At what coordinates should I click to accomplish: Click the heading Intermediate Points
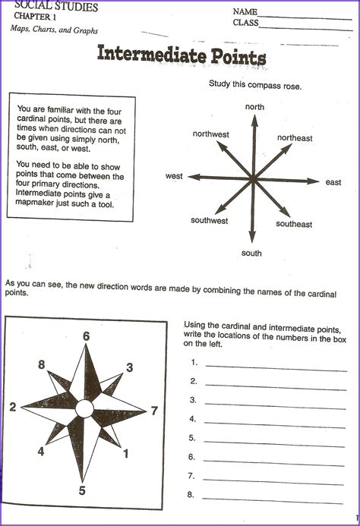point(181,57)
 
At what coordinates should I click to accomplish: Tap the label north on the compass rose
point(254,107)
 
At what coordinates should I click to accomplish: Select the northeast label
point(295,138)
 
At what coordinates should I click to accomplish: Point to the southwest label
point(209,221)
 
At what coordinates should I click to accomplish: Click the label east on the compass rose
point(333,182)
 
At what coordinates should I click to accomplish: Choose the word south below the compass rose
point(251,253)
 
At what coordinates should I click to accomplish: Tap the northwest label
point(210,134)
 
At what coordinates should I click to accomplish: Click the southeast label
point(294,224)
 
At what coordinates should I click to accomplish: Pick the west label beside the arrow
point(174,176)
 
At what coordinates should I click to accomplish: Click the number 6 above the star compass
point(86,336)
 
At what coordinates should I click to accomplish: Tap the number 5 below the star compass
point(82,490)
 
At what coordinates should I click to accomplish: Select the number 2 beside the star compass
point(12,408)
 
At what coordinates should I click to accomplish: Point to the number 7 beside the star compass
point(154,411)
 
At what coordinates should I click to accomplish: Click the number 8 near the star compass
point(41,364)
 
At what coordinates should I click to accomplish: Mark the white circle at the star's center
point(84,410)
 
